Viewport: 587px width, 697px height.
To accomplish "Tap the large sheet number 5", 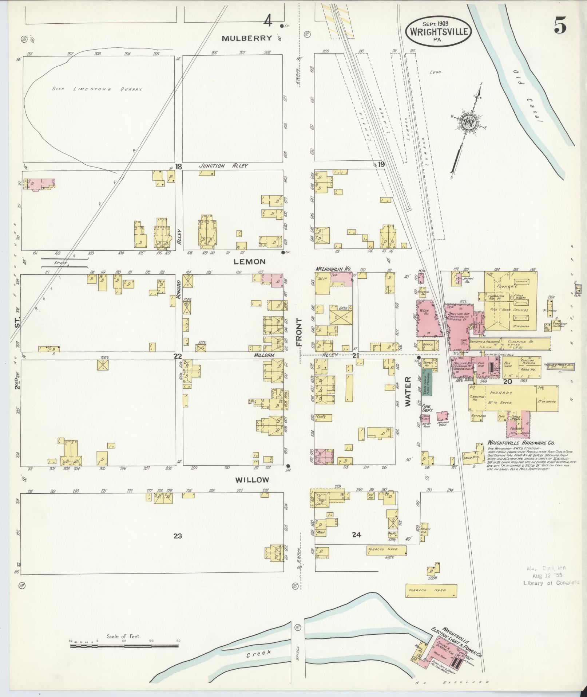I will click(x=560, y=26).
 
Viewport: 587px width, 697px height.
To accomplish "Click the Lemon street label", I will click(x=249, y=262).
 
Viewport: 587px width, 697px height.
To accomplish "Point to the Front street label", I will click(x=299, y=332).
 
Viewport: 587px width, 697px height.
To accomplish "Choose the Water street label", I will click(x=408, y=392).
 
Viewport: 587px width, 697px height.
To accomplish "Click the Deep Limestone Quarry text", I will click(x=96, y=89).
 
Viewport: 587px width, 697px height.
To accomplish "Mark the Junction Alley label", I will click(x=223, y=166).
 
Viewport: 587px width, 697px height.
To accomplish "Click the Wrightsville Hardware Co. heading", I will click(x=520, y=443).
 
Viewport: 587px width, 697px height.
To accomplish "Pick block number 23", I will click(x=178, y=536).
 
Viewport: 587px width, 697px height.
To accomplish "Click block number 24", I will click(x=356, y=535).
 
